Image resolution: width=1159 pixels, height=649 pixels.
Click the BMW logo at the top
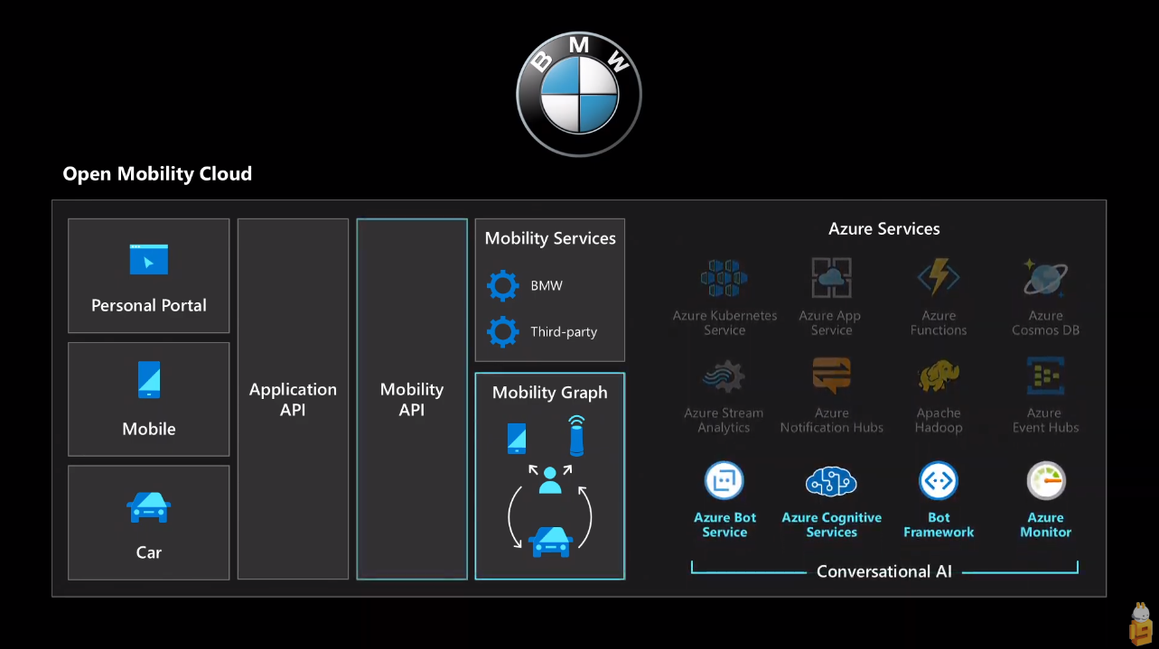pos(579,94)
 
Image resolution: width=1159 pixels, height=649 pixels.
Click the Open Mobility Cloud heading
pos(157,174)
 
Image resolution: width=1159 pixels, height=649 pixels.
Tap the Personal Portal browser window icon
pos(149,259)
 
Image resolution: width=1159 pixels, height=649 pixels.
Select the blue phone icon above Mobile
pos(149,380)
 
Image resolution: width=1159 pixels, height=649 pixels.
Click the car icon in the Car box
pos(149,507)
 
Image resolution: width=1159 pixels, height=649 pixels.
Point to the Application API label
pos(293,399)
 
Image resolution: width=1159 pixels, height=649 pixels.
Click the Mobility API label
pos(412,399)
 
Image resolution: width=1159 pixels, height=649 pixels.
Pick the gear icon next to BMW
pos(503,285)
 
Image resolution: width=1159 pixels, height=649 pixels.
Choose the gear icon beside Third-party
pos(503,331)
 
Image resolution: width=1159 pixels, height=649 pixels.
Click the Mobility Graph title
pos(549,393)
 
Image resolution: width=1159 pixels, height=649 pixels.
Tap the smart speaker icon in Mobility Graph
pos(576,435)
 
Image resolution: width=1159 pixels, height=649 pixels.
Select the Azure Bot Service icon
pos(724,481)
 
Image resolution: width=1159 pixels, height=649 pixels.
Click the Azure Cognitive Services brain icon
pos(831,482)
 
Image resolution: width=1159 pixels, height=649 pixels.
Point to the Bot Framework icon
pos(939,481)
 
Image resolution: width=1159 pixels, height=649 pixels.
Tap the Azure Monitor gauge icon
pos(1046,481)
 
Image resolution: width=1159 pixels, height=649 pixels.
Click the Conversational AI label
pos(883,571)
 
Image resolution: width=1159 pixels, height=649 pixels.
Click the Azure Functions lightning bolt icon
pos(939,278)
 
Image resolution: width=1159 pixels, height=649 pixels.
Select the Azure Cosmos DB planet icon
pos(1045,278)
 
